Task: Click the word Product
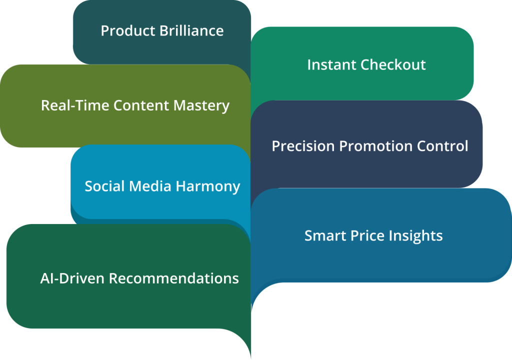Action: click(128, 30)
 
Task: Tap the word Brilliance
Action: click(191, 30)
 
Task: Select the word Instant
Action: click(332, 64)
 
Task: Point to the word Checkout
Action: click(393, 64)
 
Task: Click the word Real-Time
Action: click(75, 105)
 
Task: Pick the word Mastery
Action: click(201, 106)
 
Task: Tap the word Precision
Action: click(303, 146)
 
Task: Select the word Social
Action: click(105, 186)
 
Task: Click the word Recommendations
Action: click(173, 278)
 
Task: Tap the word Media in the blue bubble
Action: click(150, 186)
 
